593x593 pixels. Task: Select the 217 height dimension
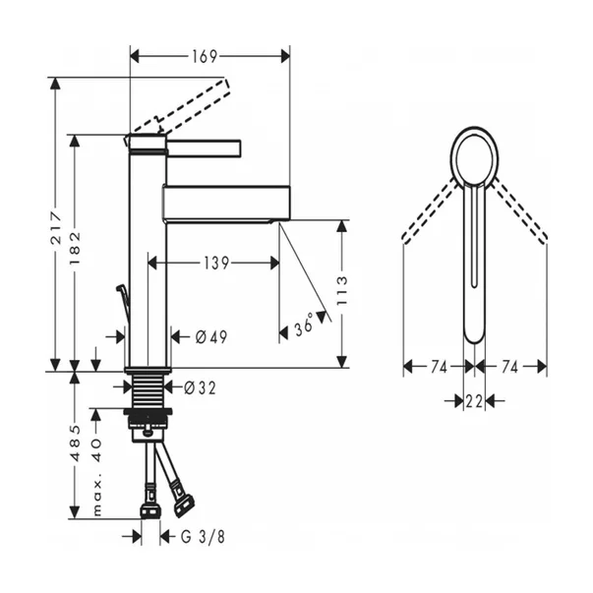(x=56, y=224)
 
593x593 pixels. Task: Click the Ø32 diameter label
(x=199, y=386)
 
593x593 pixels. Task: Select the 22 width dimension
(x=474, y=400)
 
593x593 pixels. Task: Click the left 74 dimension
(x=438, y=366)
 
